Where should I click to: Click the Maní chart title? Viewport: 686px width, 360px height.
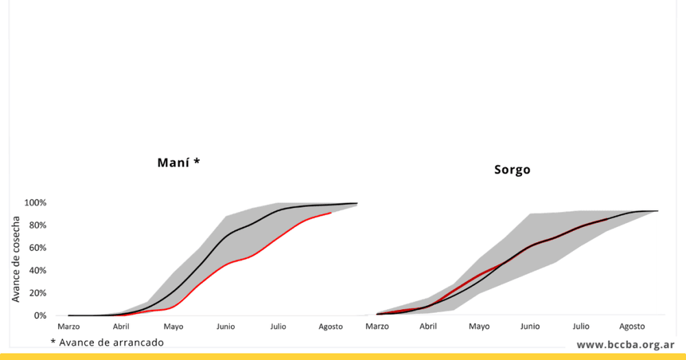pyautogui.click(x=178, y=163)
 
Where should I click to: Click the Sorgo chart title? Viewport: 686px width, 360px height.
pyautogui.click(x=512, y=170)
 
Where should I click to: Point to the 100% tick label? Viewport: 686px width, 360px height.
pyautogui.click(x=35, y=203)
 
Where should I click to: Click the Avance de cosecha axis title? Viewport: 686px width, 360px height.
pyautogui.click(x=16, y=259)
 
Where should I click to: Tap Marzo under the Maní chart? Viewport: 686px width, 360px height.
pyautogui.click(x=69, y=327)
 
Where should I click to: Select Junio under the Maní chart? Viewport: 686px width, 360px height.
pyautogui.click(x=226, y=327)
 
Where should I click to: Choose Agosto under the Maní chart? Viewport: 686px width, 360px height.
pyautogui.click(x=331, y=327)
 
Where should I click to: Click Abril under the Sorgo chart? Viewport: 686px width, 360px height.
pyautogui.click(x=428, y=326)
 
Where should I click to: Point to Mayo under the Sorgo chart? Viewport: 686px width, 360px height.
pyautogui.click(x=479, y=327)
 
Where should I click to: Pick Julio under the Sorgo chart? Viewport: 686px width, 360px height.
pyautogui.click(x=581, y=326)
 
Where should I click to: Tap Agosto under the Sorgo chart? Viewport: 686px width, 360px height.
pyautogui.click(x=632, y=327)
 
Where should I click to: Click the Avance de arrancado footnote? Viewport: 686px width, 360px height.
pyautogui.click(x=107, y=342)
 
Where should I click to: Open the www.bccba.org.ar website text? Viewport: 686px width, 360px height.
pyautogui.click(x=626, y=345)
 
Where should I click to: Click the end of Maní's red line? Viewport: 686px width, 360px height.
pyautogui.click(x=331, y=213)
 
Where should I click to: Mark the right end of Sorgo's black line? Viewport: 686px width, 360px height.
pyautogui.click(x=658, y=211)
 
